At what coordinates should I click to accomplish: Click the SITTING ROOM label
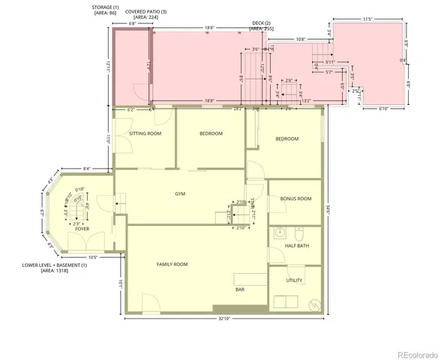pyautogui.click(x=145, y=133)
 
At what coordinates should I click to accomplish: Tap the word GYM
pyautogui.click(x=180, y=193)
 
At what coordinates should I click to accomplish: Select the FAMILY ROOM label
pyautogui.click(x=172, y=264)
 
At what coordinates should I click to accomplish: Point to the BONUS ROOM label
pyautogui.click(x=295, y=199)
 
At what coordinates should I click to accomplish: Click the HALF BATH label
pyautogui.click(x=296, y=245)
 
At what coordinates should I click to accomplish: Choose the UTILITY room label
pyautogui.click(x=294, y=280)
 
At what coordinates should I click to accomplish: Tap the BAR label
pyautogui.click(x=240, y=289)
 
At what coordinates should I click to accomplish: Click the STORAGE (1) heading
pyautogui.click(x=106, y=6)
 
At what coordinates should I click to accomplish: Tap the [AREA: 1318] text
pyautogui.click(x=55, y=271)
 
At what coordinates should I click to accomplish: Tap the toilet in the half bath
pyautogui.click(x=298, y=231)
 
